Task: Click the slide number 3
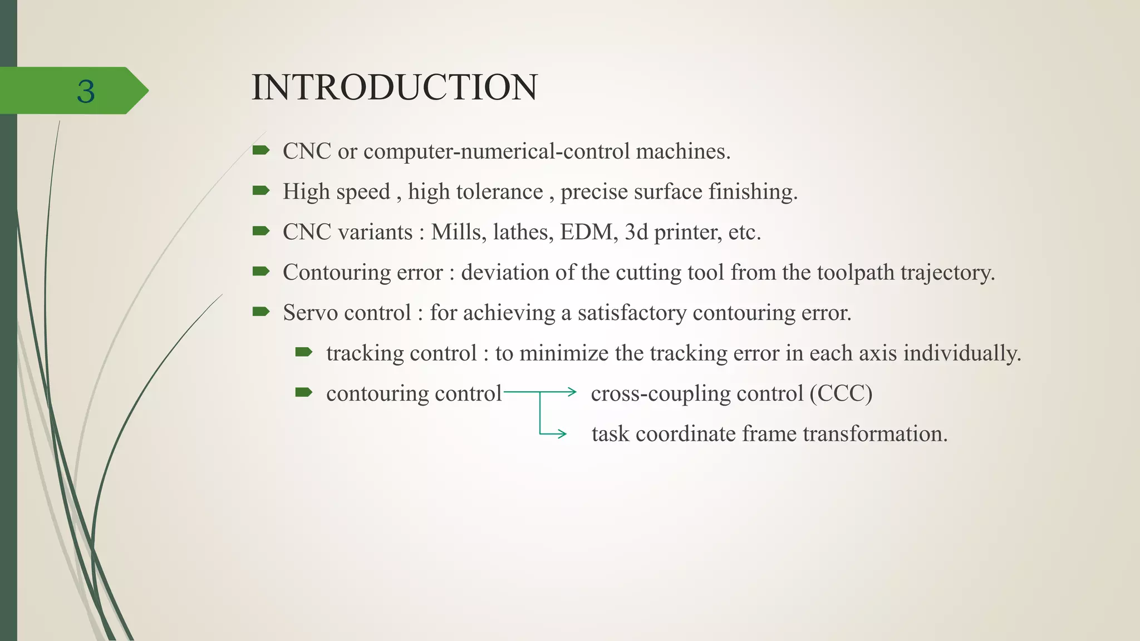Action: [x=86, y=91]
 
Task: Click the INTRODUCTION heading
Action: [x=394, y=87]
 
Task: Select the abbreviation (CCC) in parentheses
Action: [x=841, y=393]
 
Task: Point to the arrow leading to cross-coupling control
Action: [x=557, y=392]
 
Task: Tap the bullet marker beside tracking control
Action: [x=304, y=352]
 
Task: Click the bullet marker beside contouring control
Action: [x=304, y=392]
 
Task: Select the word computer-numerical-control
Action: [x=497, y=151]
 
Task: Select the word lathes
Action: [x=523, y=232]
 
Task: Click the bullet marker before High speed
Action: [x=261, y=191]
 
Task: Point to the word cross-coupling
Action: [x=660, y=393]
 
